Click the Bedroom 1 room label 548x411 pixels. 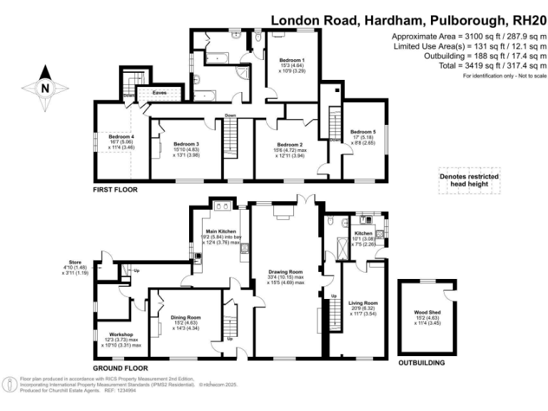(x=292, y=61)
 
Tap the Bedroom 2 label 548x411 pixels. (x=290, y=144)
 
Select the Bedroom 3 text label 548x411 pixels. (x=187, y=144)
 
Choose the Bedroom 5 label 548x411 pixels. (x=362, y=132)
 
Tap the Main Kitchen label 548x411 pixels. (x=221, y=231)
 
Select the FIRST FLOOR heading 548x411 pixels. (x=115, y=190)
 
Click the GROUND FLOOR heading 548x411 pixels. (x=119, y=347)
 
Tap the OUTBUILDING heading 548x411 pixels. (x=421, y=362)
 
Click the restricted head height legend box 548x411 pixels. (x=469, y=181)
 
